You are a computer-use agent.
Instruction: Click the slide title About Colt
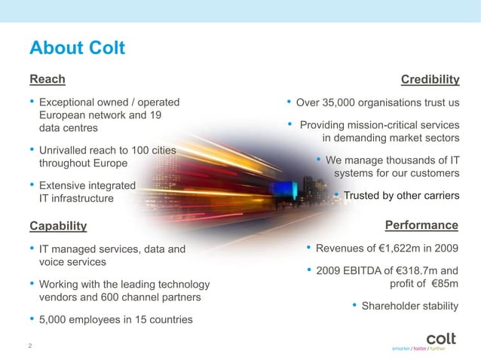[76, 49]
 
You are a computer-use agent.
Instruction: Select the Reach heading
[47, 79]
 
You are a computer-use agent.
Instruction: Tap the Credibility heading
[430, 80]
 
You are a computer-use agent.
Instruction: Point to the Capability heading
[58, 225]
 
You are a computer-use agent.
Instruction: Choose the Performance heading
[421, 225]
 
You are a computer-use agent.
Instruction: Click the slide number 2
[29, 346]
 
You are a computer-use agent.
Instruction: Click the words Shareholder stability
[410, 306]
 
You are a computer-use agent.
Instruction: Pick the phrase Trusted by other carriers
[401, 197]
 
